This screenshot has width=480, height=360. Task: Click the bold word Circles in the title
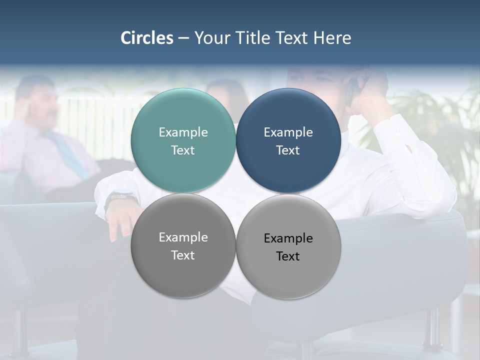(x=147, y=38)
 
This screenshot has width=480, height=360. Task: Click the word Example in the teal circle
(x=183, y=132)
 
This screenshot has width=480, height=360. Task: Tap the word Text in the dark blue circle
(x=288, y=150)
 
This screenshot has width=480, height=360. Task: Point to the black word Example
(x=288, y=238)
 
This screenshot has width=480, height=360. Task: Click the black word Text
(x=288, y=256)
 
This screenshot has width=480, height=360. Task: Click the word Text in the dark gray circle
(x=183, y=255)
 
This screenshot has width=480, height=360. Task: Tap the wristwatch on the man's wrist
(x=120, y=197)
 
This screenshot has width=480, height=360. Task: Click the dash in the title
(x=183, y=38)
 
